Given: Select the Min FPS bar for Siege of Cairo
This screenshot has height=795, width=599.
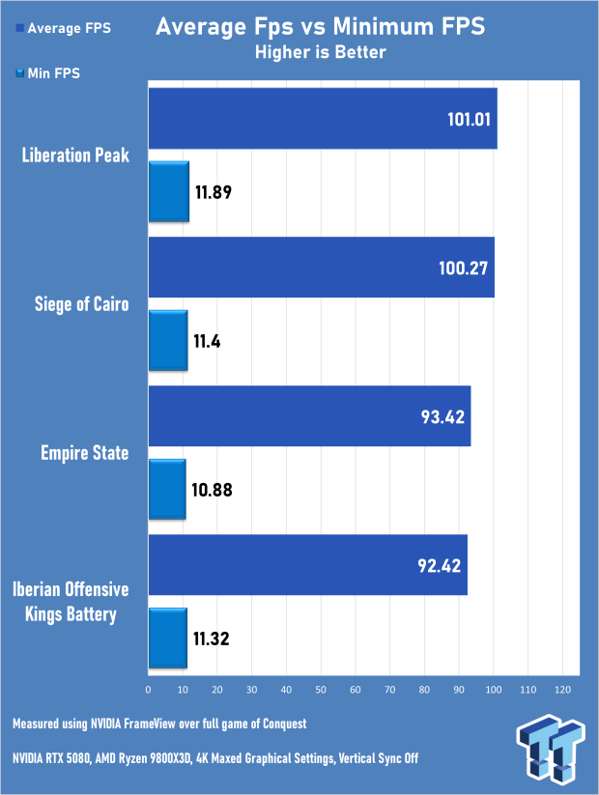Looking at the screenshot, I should click(x=167, y=342).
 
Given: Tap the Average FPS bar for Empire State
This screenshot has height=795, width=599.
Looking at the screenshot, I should click(x=309, y=416).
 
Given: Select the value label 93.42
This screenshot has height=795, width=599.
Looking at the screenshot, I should click(x=437, y=416).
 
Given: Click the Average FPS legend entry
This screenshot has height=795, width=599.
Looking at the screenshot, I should click(x=63, y=28).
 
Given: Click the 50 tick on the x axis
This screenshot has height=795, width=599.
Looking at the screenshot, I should click(x=321, y=690).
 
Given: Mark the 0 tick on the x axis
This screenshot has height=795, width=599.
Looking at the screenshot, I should click(x=148, y=690).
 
